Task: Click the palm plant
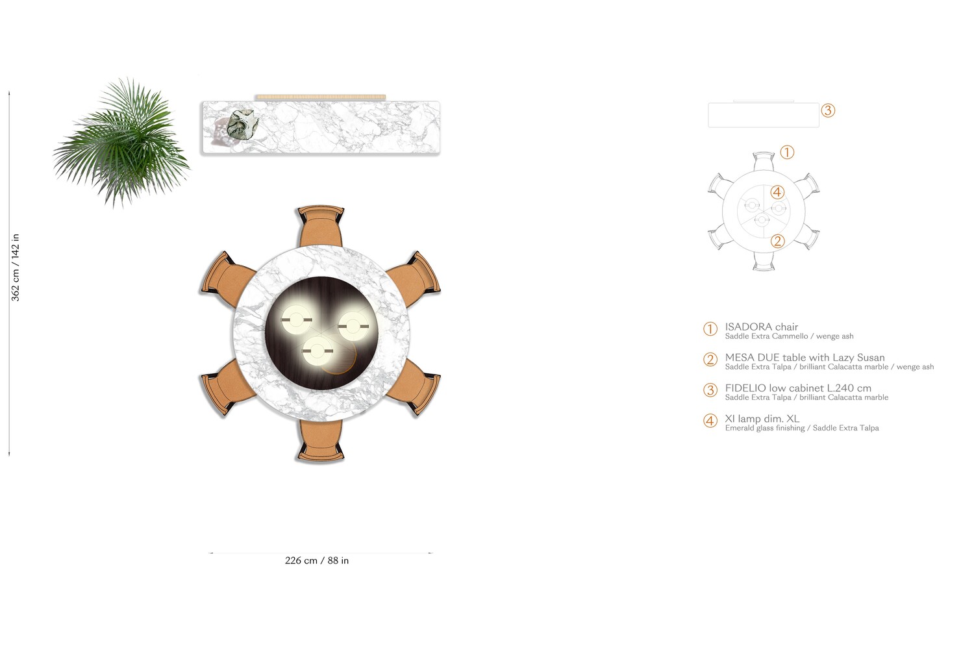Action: point(122,143)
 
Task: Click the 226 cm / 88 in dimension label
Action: point(317,560)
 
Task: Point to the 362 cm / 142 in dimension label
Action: point(16,267)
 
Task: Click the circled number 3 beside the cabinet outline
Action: point(827,110)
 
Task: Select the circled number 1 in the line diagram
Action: point(786,153)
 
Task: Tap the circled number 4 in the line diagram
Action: point(777,192)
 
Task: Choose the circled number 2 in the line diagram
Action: point(777,242)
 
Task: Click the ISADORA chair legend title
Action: point(761,327)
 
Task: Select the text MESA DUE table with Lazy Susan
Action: point(805,357)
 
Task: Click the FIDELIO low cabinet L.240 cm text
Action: point(798,388)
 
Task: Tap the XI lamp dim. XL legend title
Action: point(762,419)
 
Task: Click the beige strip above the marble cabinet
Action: point(320,97)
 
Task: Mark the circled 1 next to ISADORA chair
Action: point(710,329)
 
